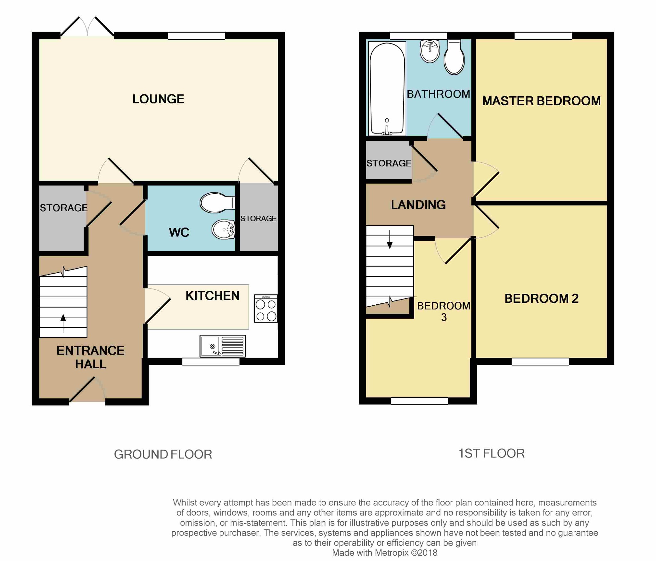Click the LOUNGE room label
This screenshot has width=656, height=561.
coord(158,99)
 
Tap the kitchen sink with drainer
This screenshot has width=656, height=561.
coord(223,346)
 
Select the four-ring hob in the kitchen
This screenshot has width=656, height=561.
coord(266,309)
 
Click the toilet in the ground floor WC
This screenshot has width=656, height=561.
coord(217,203)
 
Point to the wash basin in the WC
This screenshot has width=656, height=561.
coord(223,229)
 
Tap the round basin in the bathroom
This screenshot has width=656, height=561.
coord(430,51)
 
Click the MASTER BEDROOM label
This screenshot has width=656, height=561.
coord(541,101)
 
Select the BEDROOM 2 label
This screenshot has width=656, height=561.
coord(541,298)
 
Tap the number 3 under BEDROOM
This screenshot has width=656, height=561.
coord(444,317)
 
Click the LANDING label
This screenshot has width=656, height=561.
coord(418,205)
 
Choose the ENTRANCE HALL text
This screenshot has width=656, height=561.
coord(90,357)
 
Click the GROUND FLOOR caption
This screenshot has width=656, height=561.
coord(163,454)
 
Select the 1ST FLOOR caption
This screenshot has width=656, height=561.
coord(491,453)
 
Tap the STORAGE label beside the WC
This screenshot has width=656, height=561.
coord(258,219)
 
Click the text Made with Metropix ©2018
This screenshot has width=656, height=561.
coord(384,553)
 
